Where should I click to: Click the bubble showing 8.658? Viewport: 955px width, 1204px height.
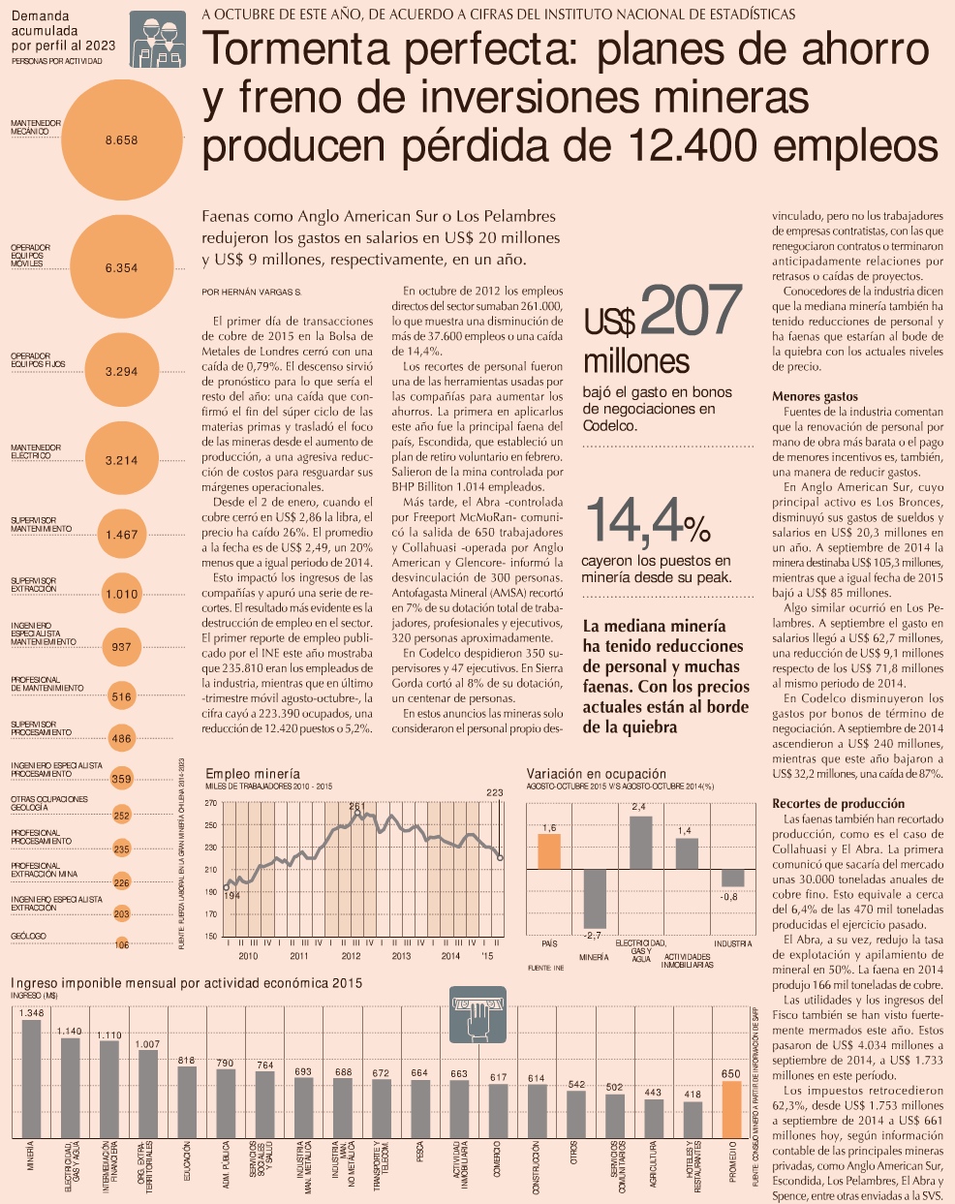pos(121,140)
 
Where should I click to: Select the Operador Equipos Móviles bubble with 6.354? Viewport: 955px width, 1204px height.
pos(121,267)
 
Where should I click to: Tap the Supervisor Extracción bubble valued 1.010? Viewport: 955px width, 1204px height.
pos(121,594)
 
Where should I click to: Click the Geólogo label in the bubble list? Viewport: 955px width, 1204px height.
pos(28,937)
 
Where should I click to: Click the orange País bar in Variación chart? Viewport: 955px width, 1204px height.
pos(549,850)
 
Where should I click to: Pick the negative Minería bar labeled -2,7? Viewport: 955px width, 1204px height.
pos(594,898)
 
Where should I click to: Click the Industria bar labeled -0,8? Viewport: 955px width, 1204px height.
pos(732,878)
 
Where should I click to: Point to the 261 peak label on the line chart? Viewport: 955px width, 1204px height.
pos(356,806)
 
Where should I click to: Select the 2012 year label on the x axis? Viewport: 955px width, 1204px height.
pos(351,956)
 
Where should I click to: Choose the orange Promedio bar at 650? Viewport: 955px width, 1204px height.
pos(731,1109)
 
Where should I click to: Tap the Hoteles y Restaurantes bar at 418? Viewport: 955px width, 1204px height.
pos(693,1120)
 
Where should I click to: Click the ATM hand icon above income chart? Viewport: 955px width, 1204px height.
pos(477,1014)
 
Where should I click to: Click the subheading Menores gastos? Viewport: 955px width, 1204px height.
pos(815,396)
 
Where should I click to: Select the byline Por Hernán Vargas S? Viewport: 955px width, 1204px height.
pos(252,291)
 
